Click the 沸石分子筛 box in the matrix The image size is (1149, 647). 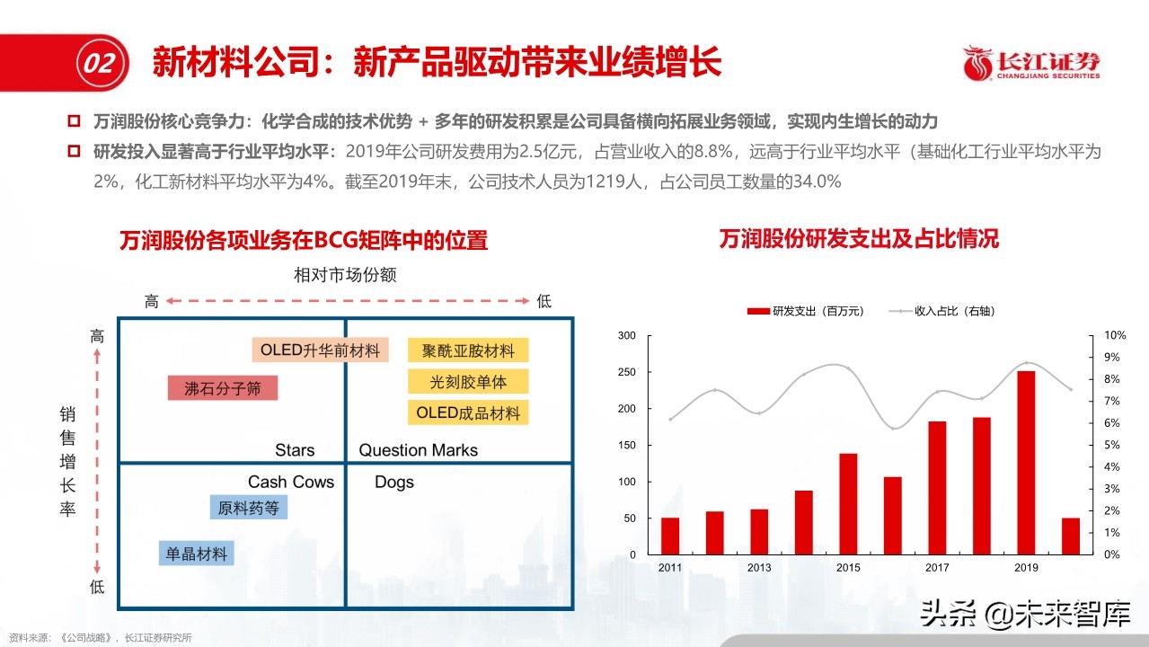point(223,388)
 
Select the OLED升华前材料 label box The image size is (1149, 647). point(320,350)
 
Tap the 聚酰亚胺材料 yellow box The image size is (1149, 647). point(468,350)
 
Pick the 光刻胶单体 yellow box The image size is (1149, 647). point(468,381)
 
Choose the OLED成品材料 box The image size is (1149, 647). point(468,413)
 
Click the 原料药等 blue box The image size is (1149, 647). point(248,508)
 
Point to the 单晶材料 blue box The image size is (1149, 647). point(196,553)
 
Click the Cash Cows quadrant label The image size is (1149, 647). point(291,482)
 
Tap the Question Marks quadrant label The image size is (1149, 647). point(418,450)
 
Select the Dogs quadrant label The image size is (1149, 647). point(394,482)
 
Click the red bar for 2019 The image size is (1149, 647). point(1026,462)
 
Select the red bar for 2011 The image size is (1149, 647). point(670,536)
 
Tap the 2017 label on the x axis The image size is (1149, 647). point(937,567)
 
